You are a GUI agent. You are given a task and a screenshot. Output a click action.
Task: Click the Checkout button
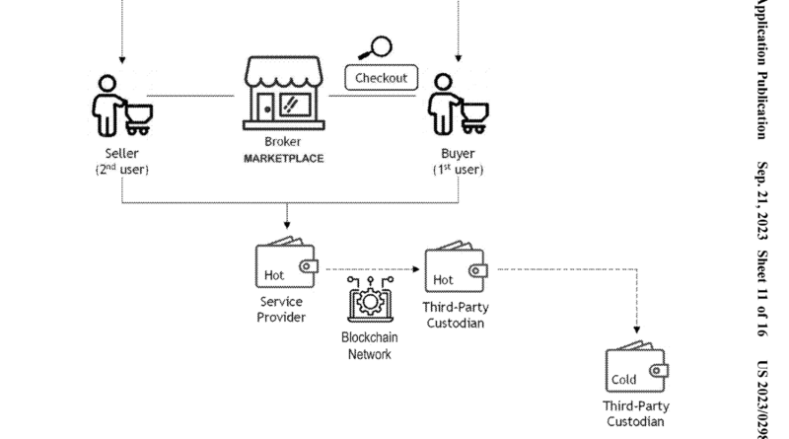tap(380, 78)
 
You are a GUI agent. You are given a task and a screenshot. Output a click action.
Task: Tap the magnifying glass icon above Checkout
tap(377, 47)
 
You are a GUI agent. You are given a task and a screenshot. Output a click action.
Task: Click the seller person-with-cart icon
tap(121, 103)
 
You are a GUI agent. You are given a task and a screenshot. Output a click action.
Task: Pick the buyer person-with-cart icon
tap(458, 103)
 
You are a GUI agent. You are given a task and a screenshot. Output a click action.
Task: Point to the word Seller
tap(122, 153)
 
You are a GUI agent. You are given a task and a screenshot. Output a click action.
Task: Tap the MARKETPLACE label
tap(283, 158)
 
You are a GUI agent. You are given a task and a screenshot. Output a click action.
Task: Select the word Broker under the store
tap(283, 141)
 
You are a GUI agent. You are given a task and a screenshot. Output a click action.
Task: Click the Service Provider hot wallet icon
tap(286, 263)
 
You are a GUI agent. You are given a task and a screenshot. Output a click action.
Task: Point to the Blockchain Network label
tap(369, 345)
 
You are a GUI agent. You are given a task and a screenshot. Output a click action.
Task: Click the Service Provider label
tap(281, 309)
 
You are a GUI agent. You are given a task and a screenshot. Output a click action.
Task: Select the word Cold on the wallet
tap(623, 379)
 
